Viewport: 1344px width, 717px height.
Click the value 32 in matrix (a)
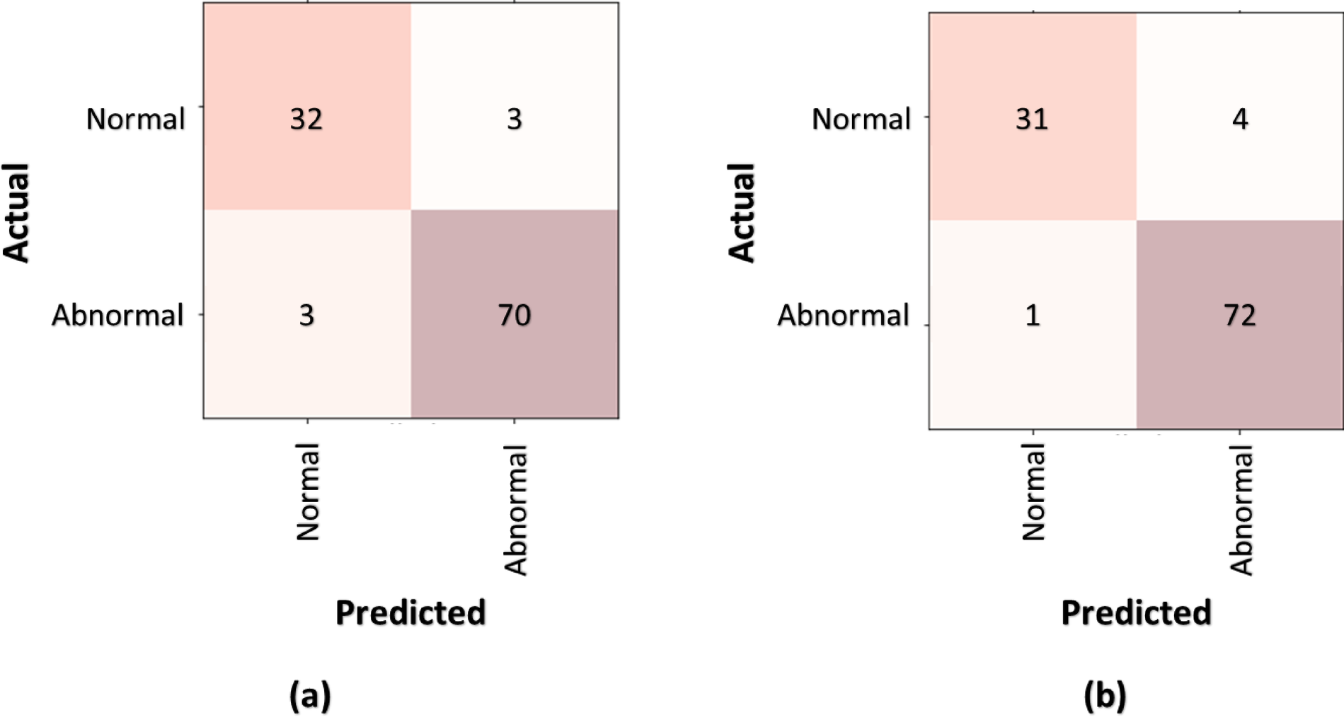click(x=306, y=119)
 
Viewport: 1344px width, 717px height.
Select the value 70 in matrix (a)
click(x=514, y=315)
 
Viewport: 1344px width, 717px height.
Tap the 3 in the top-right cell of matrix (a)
click(x=515, y=119)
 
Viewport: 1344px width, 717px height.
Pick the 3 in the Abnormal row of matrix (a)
click(x=306, y=315)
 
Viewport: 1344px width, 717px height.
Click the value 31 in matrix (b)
click(x=1031, y=119)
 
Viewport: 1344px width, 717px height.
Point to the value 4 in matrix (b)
click(x=1239, y=119)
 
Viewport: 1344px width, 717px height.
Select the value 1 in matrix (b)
click(x=1033, y=315)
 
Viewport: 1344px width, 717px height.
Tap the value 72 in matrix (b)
click(x=1239, y=315)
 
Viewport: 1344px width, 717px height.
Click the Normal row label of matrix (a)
click(x=135, y=119)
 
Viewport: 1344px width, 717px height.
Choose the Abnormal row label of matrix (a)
click(x=117, y=315)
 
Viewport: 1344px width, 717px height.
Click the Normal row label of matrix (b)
click(x=861, y=119)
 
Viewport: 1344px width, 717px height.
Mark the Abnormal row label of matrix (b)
click(x=843, y=315)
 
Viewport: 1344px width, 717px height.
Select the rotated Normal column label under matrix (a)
click(x=308, y=492)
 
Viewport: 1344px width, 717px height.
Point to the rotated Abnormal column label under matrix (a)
click(x=515, y=510)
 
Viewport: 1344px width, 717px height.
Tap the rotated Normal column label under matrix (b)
click(x=1033, y=492)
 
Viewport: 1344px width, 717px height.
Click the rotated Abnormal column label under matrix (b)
click(x=1241, y=510)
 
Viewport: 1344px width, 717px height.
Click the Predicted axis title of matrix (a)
click(x=410, y=612)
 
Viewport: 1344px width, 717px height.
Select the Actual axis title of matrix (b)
click(x=741, y=212)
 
